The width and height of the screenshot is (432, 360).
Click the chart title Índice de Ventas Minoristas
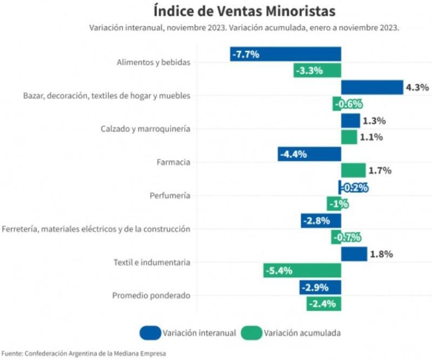point(244,11)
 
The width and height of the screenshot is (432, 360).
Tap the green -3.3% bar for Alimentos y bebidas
point(317,70)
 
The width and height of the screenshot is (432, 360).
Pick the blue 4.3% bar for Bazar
point(372,87)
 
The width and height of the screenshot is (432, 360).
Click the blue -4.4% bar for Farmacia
point(309,154)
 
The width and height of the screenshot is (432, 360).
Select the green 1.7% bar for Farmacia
point(353,170)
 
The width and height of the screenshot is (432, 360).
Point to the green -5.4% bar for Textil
point(302,270)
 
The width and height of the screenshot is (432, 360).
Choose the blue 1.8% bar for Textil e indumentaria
point(354,254)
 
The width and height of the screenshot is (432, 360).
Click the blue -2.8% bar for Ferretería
point(321,221)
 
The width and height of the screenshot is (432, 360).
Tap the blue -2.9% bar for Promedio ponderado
point(320,287)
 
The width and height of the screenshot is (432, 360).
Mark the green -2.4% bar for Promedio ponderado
point(324,304)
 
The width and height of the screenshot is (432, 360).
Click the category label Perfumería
point(170,196)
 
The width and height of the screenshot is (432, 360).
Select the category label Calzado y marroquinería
point(145,129)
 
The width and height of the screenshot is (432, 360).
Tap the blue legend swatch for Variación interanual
point(150,333)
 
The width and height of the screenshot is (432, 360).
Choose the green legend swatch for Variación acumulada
point(251,333)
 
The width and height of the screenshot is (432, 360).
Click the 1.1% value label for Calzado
point(372,137)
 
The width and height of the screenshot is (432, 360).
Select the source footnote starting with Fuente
point(83,354)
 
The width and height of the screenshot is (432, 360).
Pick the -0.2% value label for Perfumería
point(354,188)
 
